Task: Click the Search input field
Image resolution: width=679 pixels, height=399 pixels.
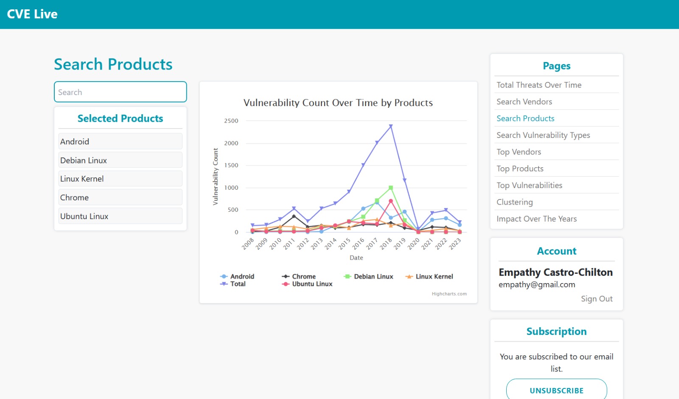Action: point(120,92)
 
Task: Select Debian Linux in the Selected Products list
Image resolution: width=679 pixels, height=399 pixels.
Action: point(120,160)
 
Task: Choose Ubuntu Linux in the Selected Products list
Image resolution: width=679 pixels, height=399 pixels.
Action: point(120,216)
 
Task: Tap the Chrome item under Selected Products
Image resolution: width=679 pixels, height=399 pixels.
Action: point(120,197)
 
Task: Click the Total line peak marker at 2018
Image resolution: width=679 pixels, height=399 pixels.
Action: point(391,126)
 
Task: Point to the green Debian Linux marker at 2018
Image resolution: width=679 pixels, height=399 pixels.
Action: point(391,188)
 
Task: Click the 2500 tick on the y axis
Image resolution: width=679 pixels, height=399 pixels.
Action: point(231,121)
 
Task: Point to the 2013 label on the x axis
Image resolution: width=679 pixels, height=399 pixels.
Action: point(317,244)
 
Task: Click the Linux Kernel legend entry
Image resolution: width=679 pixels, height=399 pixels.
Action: point(434,276)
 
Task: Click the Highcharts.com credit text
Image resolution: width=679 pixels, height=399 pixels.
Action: point(449,294)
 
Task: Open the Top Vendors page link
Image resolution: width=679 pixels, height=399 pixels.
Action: point(519,152)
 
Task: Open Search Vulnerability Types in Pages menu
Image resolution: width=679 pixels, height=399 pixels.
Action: point(543,135)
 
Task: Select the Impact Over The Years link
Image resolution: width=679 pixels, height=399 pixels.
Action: point(536,219)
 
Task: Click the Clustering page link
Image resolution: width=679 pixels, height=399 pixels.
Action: point(514,202)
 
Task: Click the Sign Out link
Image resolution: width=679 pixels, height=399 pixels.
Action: point(596,299)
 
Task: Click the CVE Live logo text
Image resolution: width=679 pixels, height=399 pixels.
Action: point(32,14)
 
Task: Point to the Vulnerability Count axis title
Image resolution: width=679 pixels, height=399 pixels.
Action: point(216,177)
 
